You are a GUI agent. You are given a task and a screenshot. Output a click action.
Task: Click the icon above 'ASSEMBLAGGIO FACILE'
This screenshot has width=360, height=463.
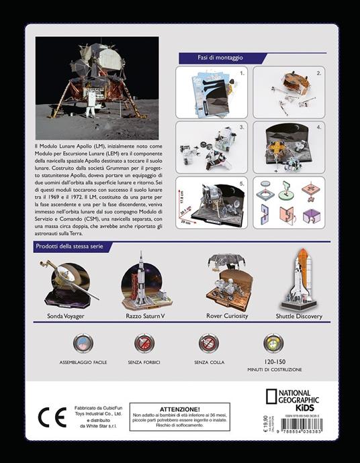point(83,344)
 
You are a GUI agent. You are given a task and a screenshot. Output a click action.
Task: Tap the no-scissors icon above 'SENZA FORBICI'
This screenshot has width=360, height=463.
point(145,344)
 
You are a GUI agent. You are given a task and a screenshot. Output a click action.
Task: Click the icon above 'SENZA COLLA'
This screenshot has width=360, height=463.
point(208,344)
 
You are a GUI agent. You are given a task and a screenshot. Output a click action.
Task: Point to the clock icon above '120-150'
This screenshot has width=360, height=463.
point(273,344)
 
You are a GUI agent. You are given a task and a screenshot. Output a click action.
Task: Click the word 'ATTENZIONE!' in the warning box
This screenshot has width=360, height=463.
point(179,409)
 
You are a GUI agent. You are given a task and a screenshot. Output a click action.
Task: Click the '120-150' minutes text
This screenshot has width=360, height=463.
point(272,362)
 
